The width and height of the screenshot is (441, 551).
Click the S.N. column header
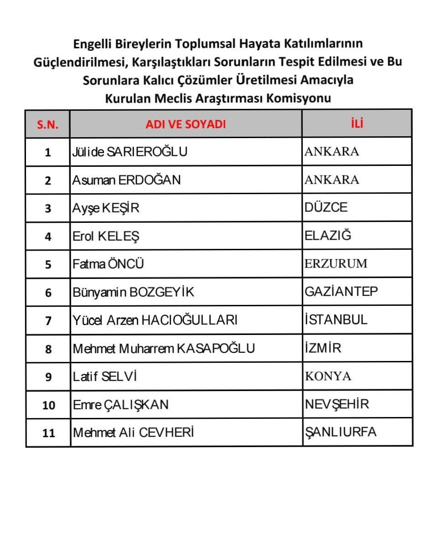pos(48,124)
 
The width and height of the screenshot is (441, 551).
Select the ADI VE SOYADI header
pos(186,124)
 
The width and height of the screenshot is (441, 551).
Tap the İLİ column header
pos(358,123)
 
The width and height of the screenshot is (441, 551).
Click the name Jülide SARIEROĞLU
pos(130,152)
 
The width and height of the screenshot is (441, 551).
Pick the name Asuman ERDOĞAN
pos(126,180)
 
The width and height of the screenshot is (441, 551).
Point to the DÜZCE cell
pos(326,208)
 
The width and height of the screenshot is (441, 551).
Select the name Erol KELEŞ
pos(106,236)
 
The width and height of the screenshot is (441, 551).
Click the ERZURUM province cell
pos(336,264)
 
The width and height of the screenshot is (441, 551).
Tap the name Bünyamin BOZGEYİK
pos(133,292)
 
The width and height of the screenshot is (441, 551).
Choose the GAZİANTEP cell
pos(341,292)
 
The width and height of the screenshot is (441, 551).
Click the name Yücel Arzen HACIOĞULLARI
pos(155,320)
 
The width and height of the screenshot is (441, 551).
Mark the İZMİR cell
pos(322,348)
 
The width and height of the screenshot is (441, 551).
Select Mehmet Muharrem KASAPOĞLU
pos(164,349)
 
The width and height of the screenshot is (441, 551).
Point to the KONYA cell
pos(328,376)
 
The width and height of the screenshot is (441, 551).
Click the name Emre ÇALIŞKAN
pos(120,405)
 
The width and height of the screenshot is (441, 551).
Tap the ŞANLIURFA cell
pos(340,432)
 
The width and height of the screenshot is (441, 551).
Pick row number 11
pos(48,433)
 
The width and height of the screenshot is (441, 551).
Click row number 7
pos(48,321)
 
